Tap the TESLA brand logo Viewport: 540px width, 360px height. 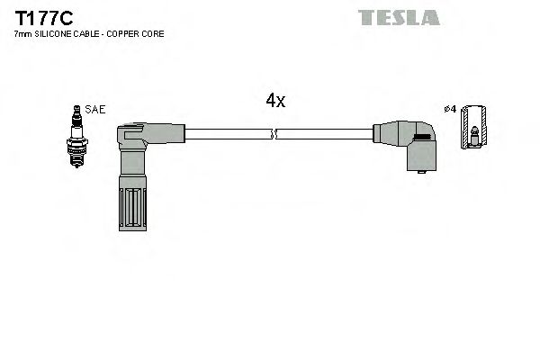[x=398, y=17]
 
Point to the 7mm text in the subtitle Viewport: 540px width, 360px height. [x=22, y=33]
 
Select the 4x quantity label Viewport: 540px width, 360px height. [x=275, y=101]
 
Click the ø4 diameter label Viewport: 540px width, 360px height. [x=452, y=110]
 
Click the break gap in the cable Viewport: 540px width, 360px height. [x=274, y=135]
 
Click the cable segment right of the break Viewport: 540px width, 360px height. [x=324, y=135]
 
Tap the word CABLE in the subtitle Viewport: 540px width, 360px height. [x=86, y=33]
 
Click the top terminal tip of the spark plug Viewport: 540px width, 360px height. [x=77, y=108]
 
